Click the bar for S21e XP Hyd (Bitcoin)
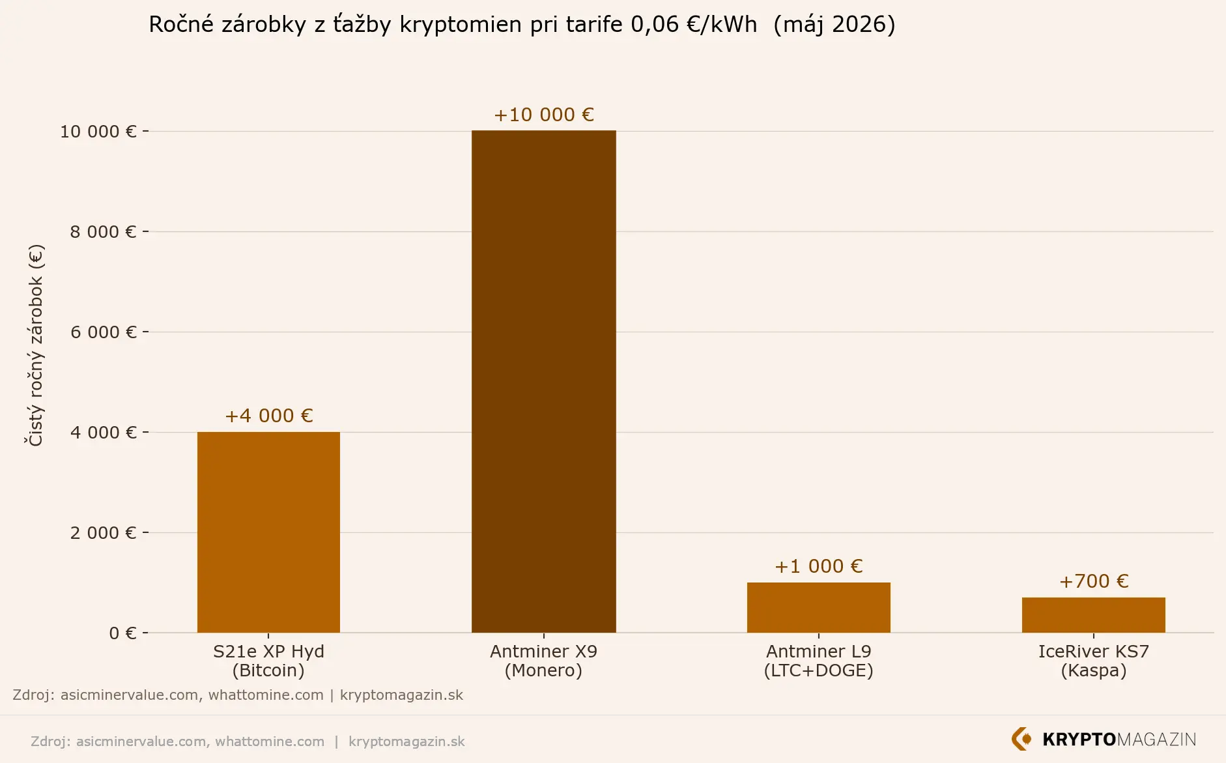(268, 532)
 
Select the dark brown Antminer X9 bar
(544, 381)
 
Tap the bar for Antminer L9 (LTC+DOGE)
(819, 607)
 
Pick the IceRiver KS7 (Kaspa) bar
(1094, 614)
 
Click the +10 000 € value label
(544, 115)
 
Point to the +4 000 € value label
(268, 416)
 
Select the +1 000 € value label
(819, 566)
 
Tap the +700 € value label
(1094, 581)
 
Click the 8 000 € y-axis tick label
(104, 232)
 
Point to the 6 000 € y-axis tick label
(104, 332)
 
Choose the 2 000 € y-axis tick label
(104, 533)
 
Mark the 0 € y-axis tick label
(123, 633)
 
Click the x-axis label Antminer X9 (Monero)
(544, 661)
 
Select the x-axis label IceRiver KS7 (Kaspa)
(1094, 661)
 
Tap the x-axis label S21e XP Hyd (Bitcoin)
(268, 661)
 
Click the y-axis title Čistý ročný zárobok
(35, 345)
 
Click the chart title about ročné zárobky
(522, 24)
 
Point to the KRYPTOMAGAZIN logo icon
(1021, 739)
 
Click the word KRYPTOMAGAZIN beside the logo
(1119, 740)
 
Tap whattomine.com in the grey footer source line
(270, 741)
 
